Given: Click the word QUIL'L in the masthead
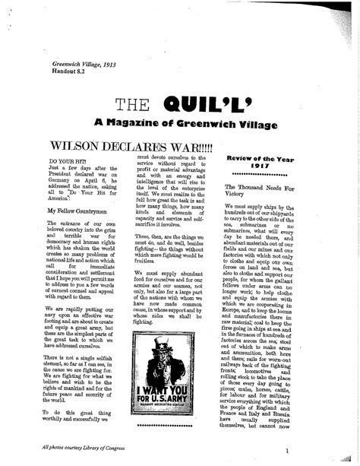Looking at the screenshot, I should click(x=215, y=105).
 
